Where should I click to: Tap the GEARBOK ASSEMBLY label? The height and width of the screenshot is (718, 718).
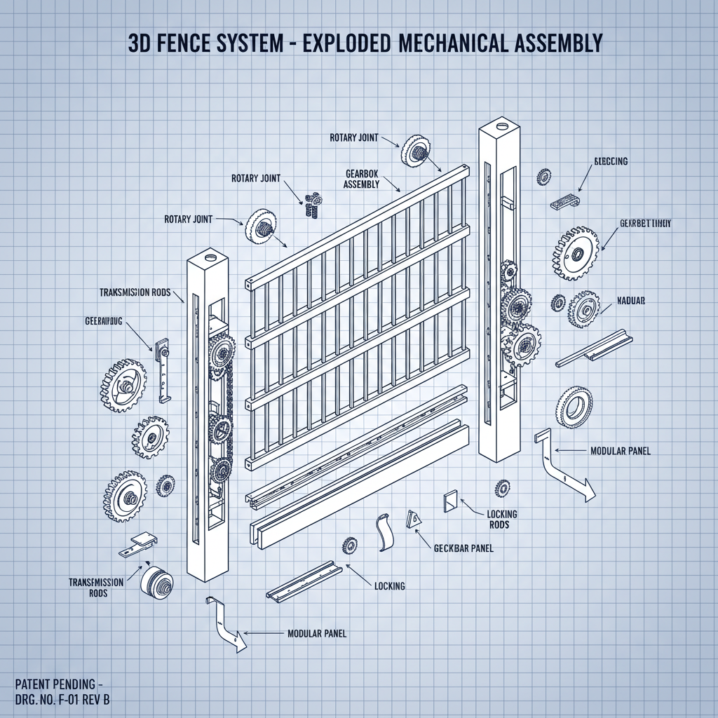pyautogui.click(x=362, y=178)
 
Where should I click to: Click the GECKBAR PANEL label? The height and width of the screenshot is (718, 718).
pyautogui.click(x=463, y=548)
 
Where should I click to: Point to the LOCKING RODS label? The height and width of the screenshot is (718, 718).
pyautogui.click(x=502, y=520)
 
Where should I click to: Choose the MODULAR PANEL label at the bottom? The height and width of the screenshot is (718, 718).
pyautogui.click(x=317, y=633)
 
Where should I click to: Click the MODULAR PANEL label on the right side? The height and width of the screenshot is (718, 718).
pyautogui.click(x=621, y=451)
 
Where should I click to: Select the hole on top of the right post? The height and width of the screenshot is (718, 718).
pyautogui.click(x=501, y=128)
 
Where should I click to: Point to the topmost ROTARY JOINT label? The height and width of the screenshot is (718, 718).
pyautogui.click(x=353, y=138)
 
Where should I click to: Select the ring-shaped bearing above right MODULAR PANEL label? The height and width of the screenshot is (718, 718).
pyautogui.click(x=575, y=405)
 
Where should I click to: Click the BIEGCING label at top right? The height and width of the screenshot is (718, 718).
pyautogui.click(x=610, y=161)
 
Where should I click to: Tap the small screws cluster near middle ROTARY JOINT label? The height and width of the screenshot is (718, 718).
pyautogui.click(x=312, y=203)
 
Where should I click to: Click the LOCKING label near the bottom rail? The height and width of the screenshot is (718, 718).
pyautogui.click(x=390, y=585)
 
